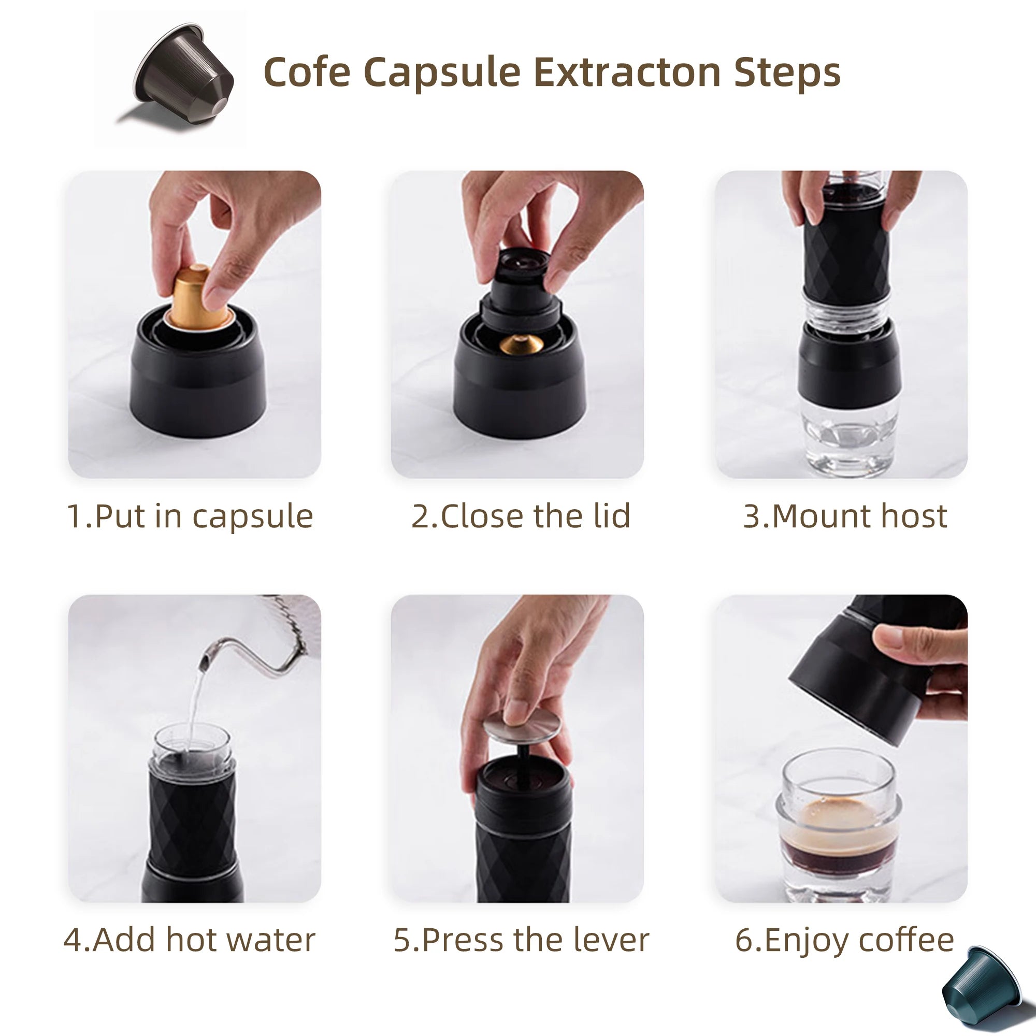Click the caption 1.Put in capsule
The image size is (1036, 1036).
tap(190, 516)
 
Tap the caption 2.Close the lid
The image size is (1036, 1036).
tap(521, 516)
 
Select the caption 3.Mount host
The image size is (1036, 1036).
tap(844, 516)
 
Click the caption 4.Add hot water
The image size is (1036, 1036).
tap(190, 940)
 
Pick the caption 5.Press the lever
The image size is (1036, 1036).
tap(521, 940)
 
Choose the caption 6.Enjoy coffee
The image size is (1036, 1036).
tap(844, 940)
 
